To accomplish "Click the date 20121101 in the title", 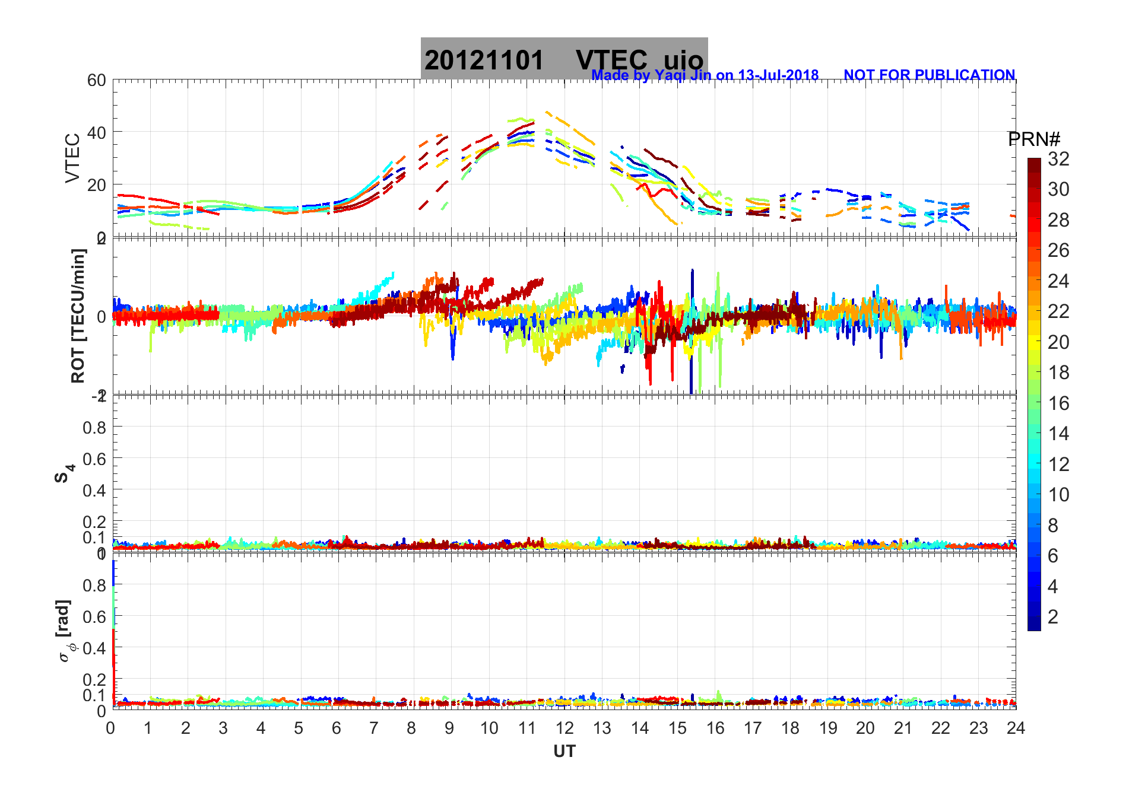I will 484,60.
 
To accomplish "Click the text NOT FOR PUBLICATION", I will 929,75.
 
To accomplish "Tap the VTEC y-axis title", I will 72,158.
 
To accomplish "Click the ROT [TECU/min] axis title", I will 78,316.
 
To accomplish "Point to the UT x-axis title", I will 564,752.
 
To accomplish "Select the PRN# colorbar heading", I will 1034,139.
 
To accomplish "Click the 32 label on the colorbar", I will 1058,158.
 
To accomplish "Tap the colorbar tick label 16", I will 1058,403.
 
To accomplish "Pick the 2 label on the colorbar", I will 1053,617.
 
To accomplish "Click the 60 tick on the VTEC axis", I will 97,80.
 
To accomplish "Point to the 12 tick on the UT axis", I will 564,728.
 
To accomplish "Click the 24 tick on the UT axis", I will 1016,728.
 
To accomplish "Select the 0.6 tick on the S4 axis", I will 95,459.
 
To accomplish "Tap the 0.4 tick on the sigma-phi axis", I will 95,648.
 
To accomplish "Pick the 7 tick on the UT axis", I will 374,728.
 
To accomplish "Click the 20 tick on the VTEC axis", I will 97,184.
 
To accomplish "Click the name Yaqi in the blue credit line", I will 670,75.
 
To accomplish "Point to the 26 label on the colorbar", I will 1058,250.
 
